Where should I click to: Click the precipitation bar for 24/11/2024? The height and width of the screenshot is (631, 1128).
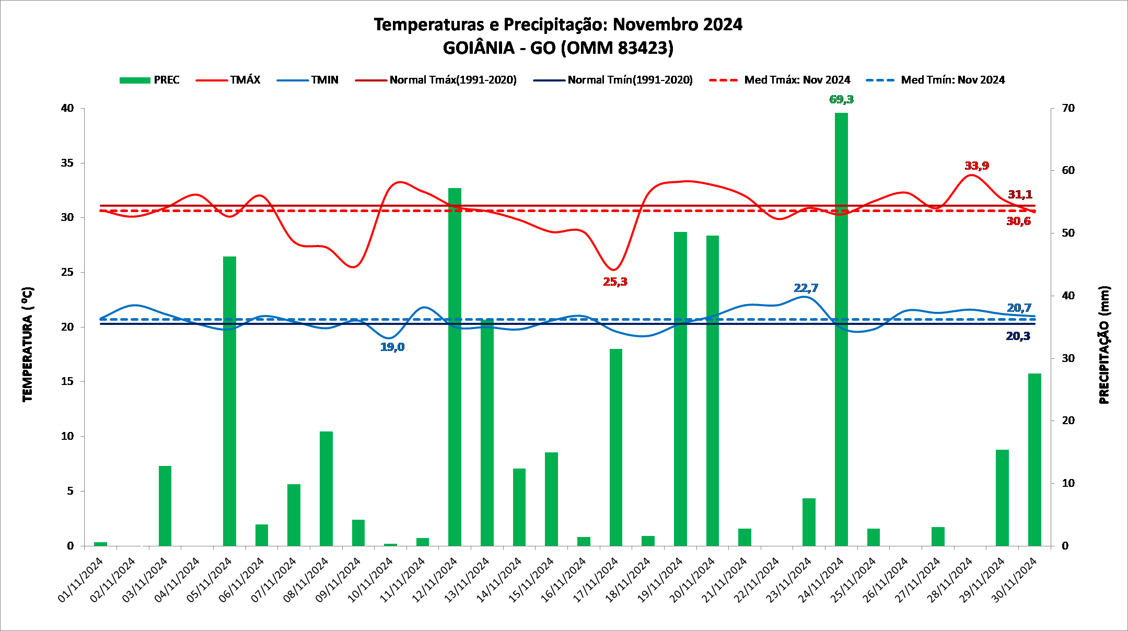click(x=841, y=329)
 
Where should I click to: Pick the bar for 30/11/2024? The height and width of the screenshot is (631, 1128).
click(x=1034, y=460)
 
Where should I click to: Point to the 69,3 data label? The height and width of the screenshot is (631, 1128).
click(x=841, y=99)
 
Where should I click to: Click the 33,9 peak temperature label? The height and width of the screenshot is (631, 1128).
click(x=976, y=166)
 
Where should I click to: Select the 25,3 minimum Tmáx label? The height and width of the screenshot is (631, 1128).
click(x=615, y=282)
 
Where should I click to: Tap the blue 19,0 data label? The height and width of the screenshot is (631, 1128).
click(x=392, y=347)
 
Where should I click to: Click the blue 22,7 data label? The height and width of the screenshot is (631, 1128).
click(x=806, y=288)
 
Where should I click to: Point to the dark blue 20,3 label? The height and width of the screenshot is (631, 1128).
click(x=1018, y=336)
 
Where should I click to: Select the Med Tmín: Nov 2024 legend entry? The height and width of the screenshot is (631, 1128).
click(x=935, y=80)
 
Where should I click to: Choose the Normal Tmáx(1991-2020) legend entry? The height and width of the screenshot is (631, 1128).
click(x=436, y=80)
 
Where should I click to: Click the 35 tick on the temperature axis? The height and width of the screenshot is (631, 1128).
click(x=67, y=163)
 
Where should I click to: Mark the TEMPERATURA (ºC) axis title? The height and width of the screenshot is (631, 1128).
click(x=27, y=344)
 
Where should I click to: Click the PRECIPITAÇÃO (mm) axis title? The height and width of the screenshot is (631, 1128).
click(x=1103, y=345)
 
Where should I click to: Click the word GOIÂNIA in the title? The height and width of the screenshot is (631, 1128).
click(x=479, y=48)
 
